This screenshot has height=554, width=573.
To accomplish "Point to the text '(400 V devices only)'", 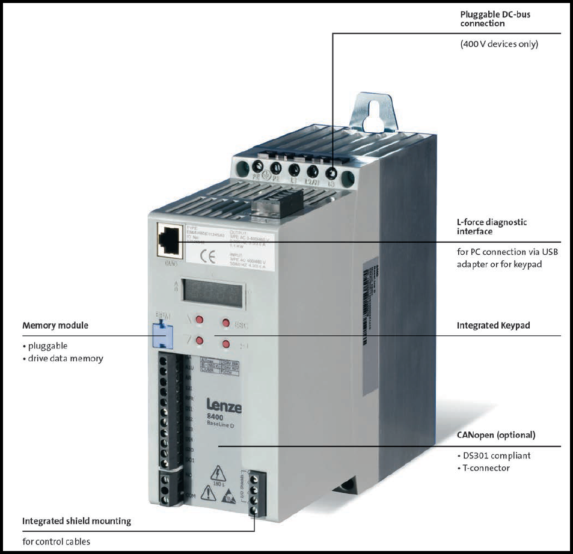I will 499,44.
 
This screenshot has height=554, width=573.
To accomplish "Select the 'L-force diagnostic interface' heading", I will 492,227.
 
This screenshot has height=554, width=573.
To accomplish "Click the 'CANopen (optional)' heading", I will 496,434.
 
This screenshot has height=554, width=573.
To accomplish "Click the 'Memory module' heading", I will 55,325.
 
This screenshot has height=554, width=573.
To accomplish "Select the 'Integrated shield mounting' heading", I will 76,521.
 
